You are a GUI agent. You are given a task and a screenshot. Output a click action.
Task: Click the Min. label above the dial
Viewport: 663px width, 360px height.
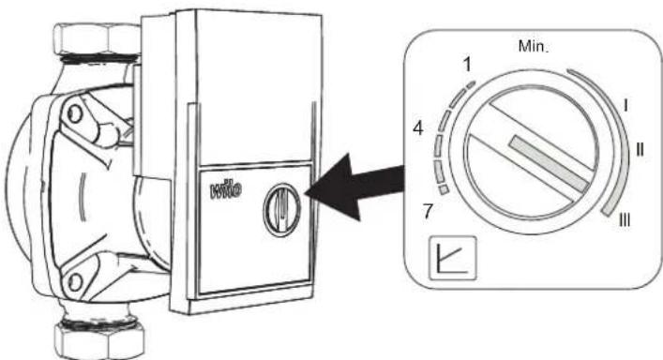coord(533,46)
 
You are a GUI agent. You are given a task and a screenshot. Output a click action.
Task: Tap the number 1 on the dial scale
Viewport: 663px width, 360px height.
coord(467,65)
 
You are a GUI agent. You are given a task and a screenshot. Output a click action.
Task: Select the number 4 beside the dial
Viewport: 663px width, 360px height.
coord(418,127)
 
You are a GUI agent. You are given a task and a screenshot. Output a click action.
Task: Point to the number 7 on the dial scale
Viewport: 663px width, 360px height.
coord(428,211)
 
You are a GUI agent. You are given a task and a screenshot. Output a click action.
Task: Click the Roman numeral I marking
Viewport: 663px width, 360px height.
coord(625,105)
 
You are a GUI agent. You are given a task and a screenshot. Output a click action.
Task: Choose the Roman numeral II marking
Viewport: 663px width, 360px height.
coord(640,150)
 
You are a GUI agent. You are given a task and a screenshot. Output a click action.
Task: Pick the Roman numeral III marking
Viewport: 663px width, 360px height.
coord(625,220)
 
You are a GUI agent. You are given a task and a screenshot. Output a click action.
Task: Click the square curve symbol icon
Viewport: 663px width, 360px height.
coord(453,258)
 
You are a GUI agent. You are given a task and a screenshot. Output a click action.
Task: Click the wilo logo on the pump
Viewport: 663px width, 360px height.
coord(226,189)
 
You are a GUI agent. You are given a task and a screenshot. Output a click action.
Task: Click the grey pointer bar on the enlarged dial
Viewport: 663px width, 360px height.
coord(549,164)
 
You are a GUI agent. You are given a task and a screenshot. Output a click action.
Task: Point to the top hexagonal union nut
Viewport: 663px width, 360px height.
coord(98,40)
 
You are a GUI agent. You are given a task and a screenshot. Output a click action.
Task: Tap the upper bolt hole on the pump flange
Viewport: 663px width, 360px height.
coord(74,114)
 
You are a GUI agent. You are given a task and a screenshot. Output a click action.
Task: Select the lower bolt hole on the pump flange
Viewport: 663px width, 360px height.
coord(75,282)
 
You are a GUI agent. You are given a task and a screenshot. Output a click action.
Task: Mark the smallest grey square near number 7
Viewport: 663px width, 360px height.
coord(444,189)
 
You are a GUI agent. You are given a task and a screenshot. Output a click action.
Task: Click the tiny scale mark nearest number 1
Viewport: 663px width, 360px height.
coord(471,84)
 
